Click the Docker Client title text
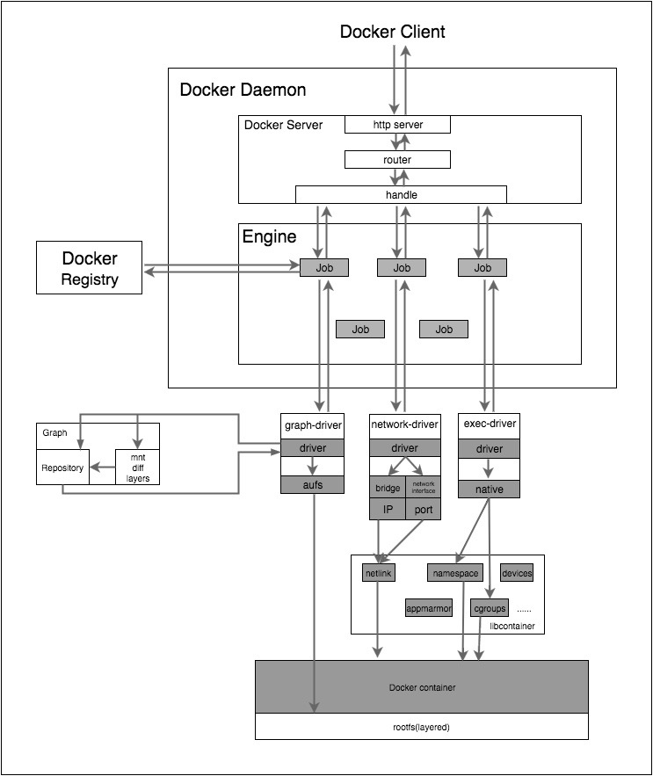(393, 32)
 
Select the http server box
(397, 125)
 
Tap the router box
(397, 160)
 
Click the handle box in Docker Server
(401, 194)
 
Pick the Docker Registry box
(89, 269)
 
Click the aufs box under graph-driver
(311, 484)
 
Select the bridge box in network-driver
(387, 488)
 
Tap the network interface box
(424, 488)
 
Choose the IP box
(387, 510)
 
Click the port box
(424, 510)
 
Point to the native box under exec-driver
(489, 489)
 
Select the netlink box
(379, 573)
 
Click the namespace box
(455, 573)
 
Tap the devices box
(517, 573)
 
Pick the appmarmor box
(428, 607)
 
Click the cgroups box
(490, 607)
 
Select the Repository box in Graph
(62, 468)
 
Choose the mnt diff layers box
(138, 468)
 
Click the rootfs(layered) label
(422, 727)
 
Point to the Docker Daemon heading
(243, 90)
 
